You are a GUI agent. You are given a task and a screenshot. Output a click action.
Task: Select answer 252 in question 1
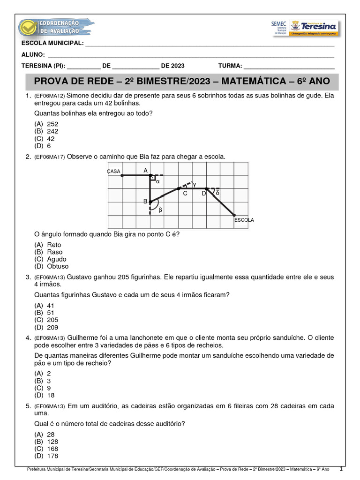pyautogui.click(x=52, y=124)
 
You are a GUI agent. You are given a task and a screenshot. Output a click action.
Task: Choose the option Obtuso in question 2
pyautogui.click(x=57, y=266)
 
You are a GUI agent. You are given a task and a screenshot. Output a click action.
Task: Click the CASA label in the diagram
pyautogui.click(x=114, y=172)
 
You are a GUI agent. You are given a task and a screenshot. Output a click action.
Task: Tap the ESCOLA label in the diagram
pyautogui.click(x=244, y=219)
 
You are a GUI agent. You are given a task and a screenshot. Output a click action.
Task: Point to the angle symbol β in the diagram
pyautogui.click(x=160, y=210)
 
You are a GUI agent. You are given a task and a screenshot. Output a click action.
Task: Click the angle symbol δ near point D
pyautogui.click(x=217, y=193)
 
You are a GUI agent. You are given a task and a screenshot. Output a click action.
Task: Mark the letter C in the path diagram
pyautogui.click(x=185, y=193)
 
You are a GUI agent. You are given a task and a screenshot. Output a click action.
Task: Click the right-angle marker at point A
pyautogui.click(x=152, y=178)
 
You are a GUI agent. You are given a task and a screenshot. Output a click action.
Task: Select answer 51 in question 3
pyautogui.click(x=51, y=313)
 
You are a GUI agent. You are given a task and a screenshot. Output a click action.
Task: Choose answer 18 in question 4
pyautogui.click(x=51, y=395)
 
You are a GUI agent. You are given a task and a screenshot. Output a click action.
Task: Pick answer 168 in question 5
pyautogui.click(x=52, y=449)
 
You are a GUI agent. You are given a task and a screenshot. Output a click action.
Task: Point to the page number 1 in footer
pyautogui.click(x=341, y=468)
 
